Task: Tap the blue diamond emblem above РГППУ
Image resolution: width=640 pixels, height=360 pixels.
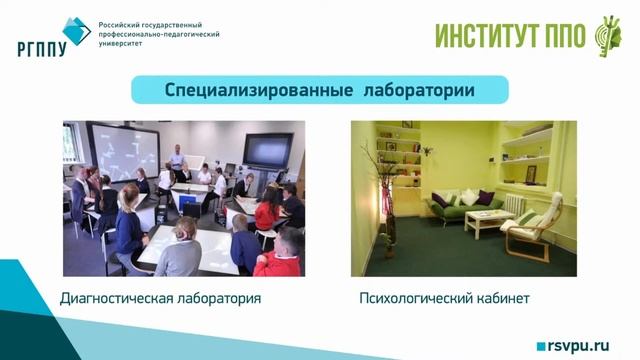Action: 75,30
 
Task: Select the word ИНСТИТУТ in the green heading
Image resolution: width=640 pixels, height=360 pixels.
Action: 487,35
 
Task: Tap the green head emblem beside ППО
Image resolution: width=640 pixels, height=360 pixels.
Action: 607,34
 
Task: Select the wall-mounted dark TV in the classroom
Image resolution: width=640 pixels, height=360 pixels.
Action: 268,150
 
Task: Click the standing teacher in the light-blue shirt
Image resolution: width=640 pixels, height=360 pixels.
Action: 177,159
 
